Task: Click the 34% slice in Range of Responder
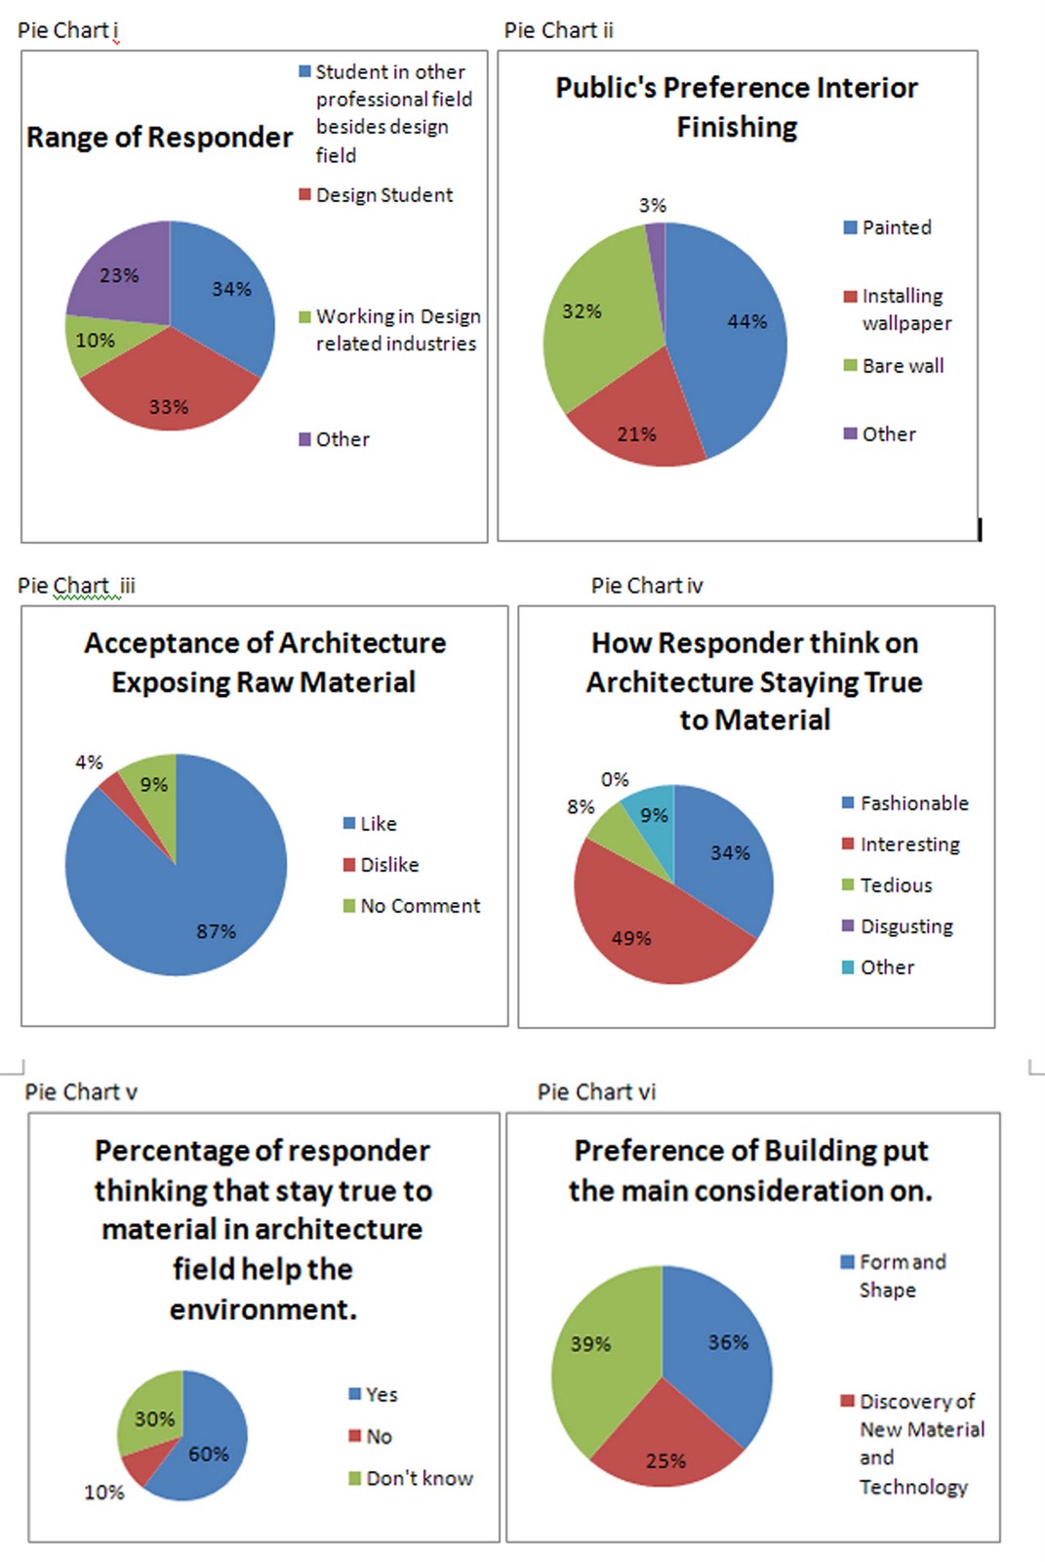click(x=224, y=293)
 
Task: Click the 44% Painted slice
click(x=737, y=327)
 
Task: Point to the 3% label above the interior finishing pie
click(x=653, y=206)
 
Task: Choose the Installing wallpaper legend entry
click(x=898, y=309)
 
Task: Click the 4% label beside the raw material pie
click(x=89, y=762)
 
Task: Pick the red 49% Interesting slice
click(x=644, y=927)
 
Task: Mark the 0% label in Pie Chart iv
click(x=615, y=780)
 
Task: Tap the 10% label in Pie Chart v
click(x=104, y=1493)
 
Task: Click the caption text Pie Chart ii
click(x=559, y=30)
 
